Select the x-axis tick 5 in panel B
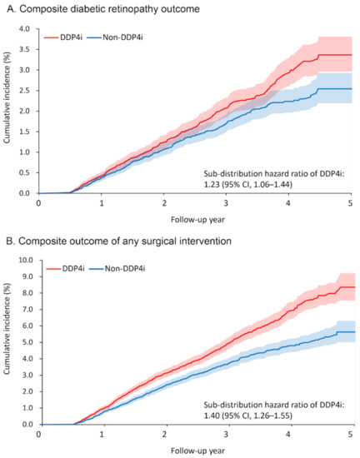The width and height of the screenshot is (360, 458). point(350,433)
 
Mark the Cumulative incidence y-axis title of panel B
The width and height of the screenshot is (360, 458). point(8,341)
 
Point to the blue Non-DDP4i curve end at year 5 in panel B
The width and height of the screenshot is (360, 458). point(349,331)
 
